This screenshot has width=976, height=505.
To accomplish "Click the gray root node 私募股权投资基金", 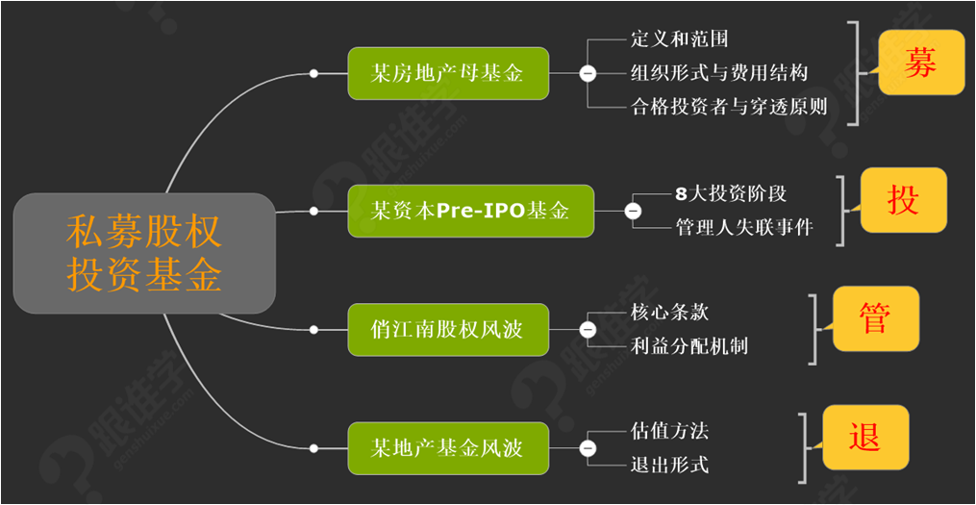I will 144,253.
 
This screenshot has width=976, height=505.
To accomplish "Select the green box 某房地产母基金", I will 448,73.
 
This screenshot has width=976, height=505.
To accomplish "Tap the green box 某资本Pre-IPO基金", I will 470,210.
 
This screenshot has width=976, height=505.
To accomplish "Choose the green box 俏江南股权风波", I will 448,330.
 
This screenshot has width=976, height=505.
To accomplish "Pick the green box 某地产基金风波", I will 448,448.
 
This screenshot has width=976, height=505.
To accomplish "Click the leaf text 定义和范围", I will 680,39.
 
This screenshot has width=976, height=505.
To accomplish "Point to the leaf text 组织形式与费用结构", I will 719,73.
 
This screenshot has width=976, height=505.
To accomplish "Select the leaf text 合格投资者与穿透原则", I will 729,107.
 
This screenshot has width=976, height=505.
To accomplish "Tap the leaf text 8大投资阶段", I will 731,193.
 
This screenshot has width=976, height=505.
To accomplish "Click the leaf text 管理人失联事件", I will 744,228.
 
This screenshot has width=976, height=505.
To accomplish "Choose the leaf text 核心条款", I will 670,313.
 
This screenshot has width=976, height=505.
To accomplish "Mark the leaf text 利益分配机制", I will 689,346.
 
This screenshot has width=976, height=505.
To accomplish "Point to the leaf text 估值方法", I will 670,431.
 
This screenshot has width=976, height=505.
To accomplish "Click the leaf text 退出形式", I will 670,466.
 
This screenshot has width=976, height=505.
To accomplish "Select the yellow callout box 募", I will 920,63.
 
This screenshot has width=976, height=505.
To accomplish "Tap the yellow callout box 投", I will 903,200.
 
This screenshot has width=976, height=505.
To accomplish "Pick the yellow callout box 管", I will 875,318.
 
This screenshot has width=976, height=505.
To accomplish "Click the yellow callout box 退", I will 864,437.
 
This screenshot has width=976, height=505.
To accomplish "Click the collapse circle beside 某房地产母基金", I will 588,73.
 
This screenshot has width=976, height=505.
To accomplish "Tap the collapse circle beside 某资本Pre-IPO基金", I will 633,211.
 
